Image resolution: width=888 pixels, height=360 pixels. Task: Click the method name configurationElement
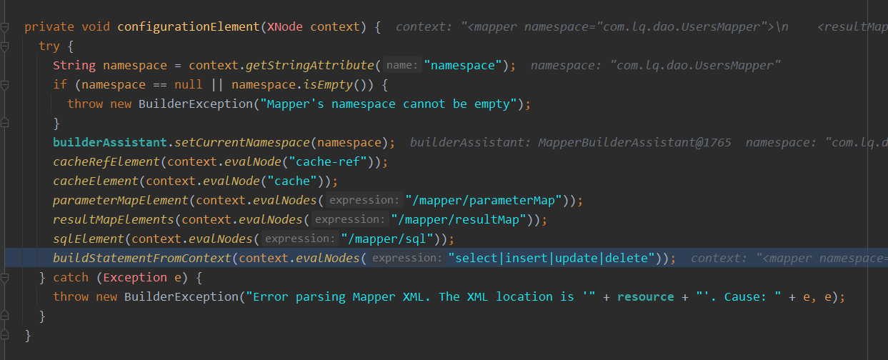point(188,27)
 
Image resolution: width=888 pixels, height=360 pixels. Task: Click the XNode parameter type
point(285,27)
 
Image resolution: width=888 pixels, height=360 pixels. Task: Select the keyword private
point(49,27)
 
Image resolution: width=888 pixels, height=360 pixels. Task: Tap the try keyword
point(49,46)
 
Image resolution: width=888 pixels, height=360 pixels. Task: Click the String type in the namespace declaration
point(74,66)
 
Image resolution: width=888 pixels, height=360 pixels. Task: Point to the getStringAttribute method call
point(309,66)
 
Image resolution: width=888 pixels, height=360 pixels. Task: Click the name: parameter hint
point(401,66)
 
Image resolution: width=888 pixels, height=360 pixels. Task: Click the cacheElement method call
point(95,181)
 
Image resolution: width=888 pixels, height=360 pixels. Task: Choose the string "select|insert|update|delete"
point(552,258)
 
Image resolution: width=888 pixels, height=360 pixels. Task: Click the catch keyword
point(71,277)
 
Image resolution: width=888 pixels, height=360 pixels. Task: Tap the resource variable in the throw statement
point(644,296)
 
